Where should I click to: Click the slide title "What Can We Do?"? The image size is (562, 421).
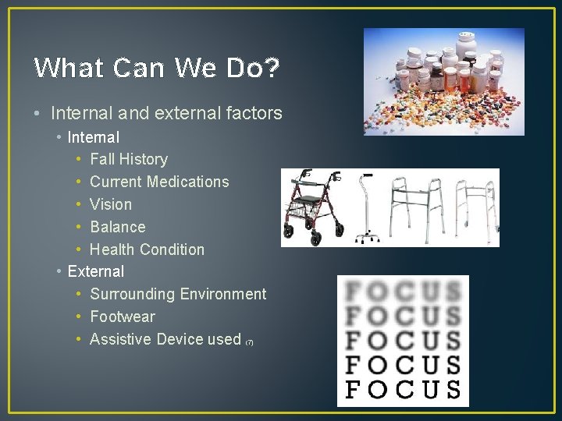point(157,69)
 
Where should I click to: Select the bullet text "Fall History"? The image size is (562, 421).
point(129,159)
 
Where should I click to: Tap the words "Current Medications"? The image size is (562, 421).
point(159,182)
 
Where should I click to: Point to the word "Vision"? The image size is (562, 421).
point(111,204)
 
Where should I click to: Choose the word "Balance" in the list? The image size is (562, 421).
point(118,227)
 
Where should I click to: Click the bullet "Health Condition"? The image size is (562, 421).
point(147,249)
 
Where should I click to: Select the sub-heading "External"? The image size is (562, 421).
point(96,271)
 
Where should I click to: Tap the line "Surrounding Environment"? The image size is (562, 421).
point(178,294)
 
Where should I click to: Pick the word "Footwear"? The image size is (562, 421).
point(123,317)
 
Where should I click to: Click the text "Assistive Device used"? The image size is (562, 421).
point(165,339)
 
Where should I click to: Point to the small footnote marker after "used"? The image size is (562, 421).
point(250,342)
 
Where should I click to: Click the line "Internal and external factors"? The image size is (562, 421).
point(166,113)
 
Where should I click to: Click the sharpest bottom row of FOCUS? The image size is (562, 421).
point(403,388)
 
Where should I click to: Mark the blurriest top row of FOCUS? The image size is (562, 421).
point(403,293)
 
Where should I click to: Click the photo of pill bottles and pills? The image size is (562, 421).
point(443,82)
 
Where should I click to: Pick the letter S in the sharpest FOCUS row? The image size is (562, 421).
point(452,388)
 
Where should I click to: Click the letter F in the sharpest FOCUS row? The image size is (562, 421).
point(354,388)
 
